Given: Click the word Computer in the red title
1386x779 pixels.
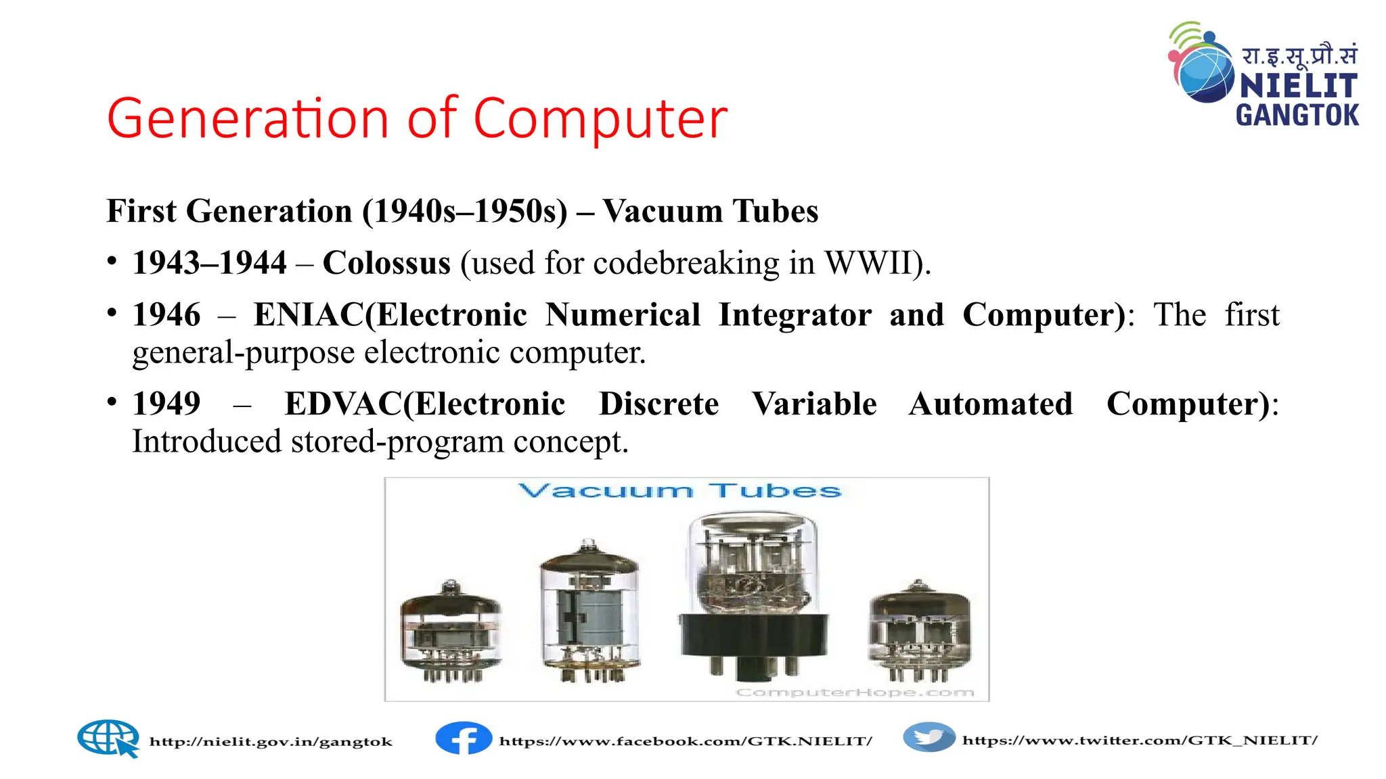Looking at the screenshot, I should (x=600, y=119).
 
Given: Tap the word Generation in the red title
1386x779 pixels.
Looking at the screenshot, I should (x=247, y=119).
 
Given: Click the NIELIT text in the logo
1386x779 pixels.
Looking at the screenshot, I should (x=1298, y=87).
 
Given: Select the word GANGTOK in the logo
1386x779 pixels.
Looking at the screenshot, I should (x=1297, y=115).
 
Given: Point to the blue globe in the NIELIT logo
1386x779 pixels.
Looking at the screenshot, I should (x=1206, y=73).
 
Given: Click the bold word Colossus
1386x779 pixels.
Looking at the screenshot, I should (x=386, y=263).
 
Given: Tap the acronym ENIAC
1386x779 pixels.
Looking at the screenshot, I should (x=309, y=315).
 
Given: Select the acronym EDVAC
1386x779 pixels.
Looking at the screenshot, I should (x=343, y=404).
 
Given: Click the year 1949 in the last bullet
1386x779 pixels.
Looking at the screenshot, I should (x=166, y=404).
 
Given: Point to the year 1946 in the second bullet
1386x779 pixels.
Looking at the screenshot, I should (x=166, y=315).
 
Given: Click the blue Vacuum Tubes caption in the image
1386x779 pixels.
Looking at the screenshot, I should (x=679, y=491).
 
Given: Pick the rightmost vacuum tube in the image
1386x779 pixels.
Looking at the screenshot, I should (x=918, y=630).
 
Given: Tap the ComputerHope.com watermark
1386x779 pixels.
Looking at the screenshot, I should (x=855, y=692).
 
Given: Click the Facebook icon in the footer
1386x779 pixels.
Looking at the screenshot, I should (x=464, y=738).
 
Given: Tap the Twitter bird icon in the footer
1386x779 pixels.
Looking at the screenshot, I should (x=929, y=738).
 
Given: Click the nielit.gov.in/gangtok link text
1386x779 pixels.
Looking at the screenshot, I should (x=271, y=742).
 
